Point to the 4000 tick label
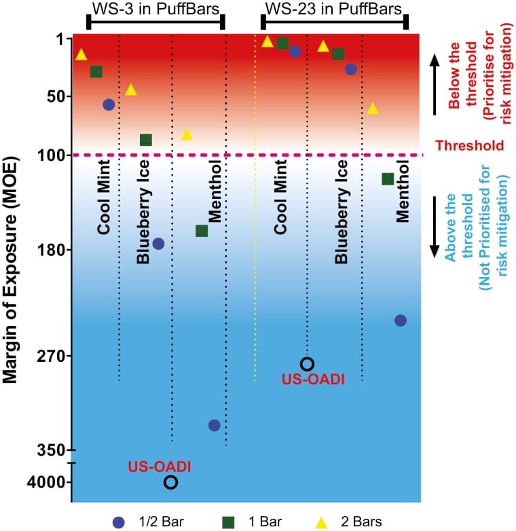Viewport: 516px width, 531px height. pos(46,482)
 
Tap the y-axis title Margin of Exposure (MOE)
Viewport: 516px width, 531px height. pos(10,270)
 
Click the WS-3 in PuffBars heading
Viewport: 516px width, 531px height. pos(155,9)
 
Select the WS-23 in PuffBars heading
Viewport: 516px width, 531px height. pos(333,9)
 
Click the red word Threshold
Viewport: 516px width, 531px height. pos(470,145)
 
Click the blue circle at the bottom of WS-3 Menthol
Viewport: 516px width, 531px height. pos(215,425)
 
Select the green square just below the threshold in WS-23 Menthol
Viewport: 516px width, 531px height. pos(388,179)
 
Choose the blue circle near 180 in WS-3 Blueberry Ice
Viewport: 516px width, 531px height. pos(158,244)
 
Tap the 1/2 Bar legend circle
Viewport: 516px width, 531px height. pos(119,523)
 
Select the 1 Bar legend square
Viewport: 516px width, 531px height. pos(228,523)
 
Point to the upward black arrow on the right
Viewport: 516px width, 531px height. pos(435,85)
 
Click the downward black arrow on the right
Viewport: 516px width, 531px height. pos(435,227)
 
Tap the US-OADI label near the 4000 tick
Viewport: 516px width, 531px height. pos(159,466)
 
